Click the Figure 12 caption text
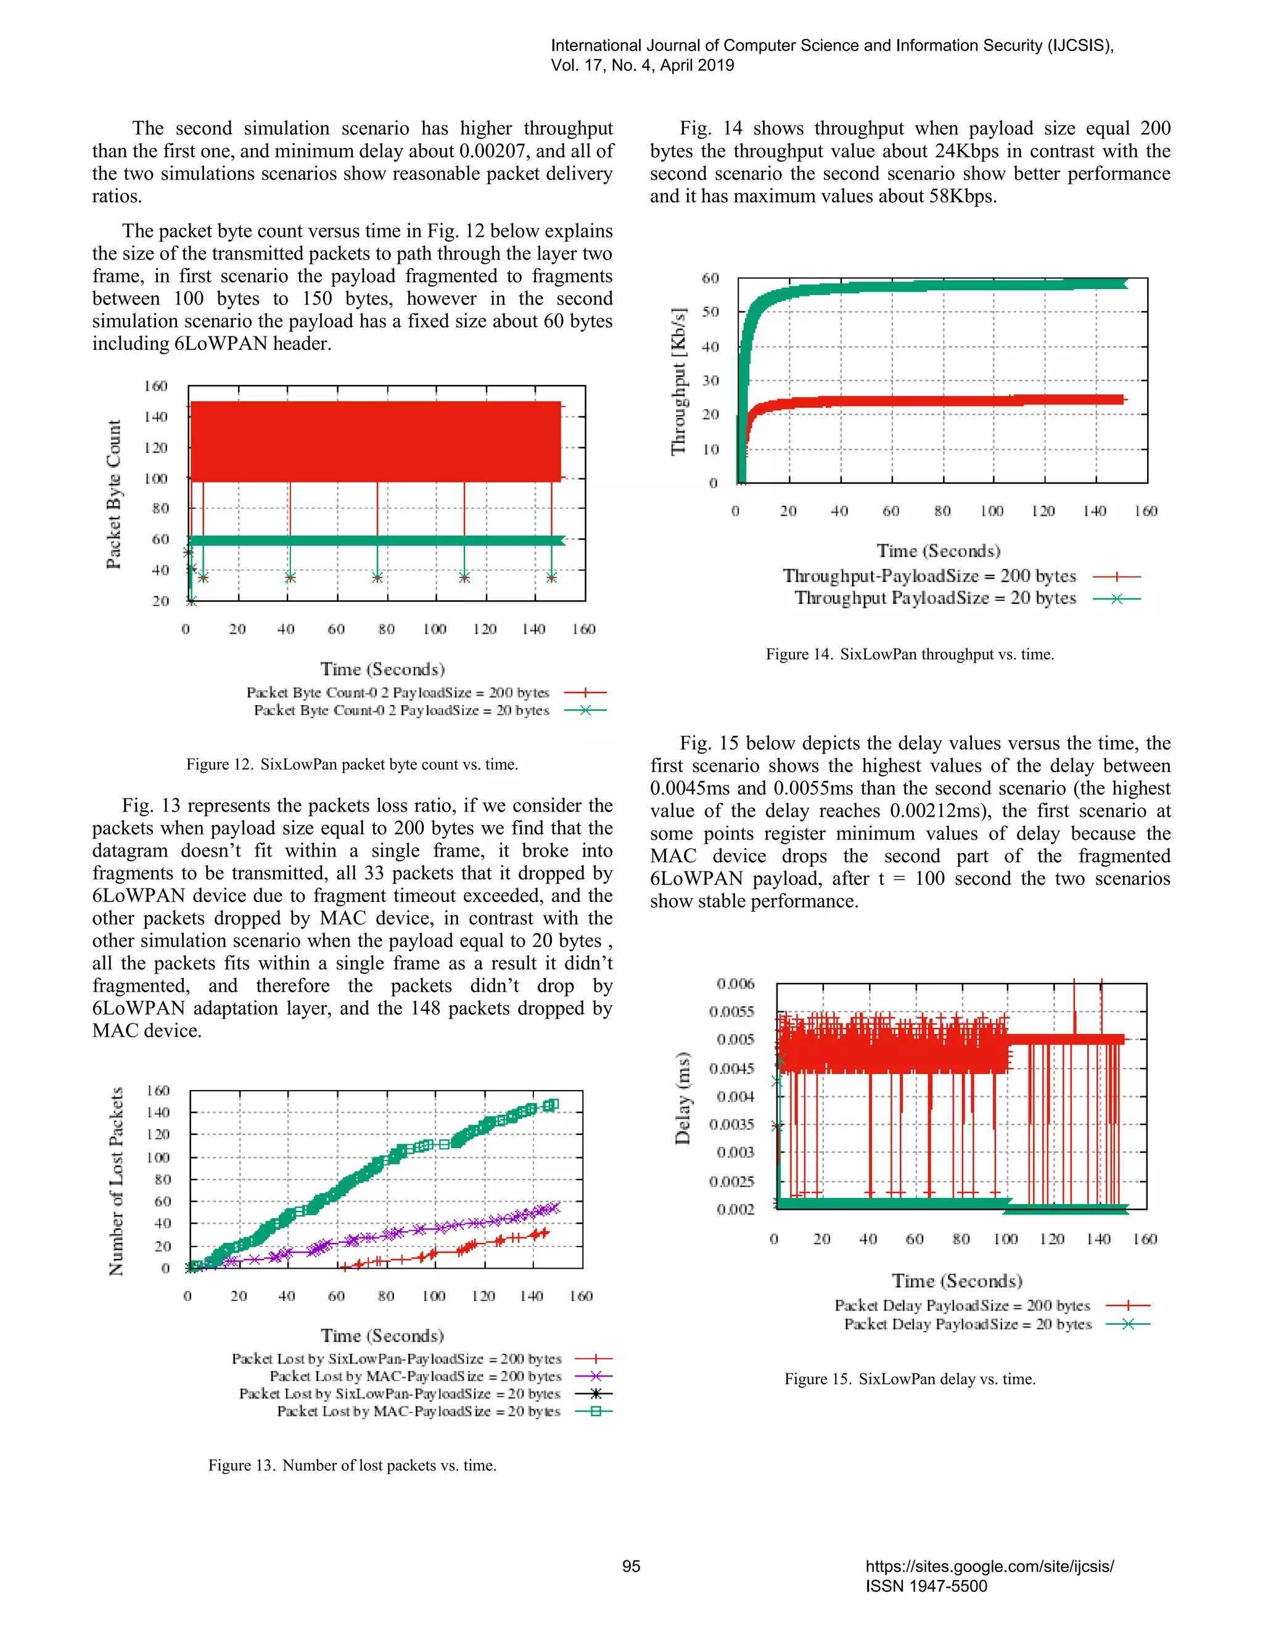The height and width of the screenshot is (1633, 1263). click(x=352, y=764)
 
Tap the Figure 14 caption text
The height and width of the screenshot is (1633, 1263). click(x=909, y=654)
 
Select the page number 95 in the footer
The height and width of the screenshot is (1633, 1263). click(x=631, y=1566)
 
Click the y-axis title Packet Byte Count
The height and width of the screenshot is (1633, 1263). click(x=113, y=494)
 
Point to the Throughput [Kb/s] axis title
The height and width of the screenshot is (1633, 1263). click(x=678, y=381)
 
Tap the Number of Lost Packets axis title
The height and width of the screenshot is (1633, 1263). click(x=116, y=1181)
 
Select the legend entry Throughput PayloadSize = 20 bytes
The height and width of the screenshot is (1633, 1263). click(x=936, y=598)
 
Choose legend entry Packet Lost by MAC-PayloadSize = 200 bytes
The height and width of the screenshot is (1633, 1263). click(x=415, y=1377)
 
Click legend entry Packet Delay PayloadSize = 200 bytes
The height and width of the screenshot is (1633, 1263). click(x=962, y=1306)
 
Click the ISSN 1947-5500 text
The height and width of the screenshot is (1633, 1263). click(x=926, y=1586)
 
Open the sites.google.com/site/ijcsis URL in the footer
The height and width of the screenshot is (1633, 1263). click(x=989, y=1566)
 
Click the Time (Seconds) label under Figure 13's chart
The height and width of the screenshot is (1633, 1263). click(x=382, y=1336)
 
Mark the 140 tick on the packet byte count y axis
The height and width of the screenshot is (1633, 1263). click(x=155, y=417)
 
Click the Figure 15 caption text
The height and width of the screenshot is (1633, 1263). click(x=909, y=1378)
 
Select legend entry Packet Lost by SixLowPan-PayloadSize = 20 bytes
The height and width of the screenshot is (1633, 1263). click(x=400, y=1394)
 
